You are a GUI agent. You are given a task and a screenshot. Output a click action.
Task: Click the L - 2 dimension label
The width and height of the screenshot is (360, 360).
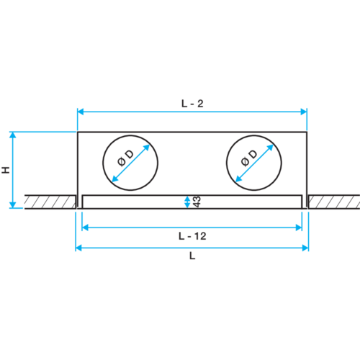192,104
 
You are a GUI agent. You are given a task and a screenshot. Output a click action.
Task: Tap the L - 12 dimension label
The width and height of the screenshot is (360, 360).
192,236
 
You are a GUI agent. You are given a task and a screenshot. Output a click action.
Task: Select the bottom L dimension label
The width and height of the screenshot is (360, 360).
192,256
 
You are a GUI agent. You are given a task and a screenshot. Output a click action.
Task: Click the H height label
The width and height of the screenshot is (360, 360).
6,170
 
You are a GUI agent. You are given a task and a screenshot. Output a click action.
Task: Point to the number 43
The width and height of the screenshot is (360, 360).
197,202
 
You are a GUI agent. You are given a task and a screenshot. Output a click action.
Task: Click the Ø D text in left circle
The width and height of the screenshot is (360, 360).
125,158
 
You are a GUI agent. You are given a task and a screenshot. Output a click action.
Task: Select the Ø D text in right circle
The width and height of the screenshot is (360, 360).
249,158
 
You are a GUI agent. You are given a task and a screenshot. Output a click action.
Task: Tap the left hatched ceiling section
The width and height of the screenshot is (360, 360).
50,202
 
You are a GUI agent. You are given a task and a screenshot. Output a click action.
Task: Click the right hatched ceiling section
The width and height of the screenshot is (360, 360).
334,202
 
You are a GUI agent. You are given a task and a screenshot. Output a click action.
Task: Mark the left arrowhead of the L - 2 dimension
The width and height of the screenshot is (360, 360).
81,112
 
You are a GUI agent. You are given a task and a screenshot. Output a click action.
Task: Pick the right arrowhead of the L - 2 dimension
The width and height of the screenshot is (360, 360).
304,112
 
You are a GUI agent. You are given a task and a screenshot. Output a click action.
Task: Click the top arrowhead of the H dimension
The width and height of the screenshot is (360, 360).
13,135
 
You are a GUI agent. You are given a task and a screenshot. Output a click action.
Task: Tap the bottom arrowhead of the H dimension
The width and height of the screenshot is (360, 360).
13,205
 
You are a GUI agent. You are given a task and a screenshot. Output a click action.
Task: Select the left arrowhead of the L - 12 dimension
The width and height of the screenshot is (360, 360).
85,228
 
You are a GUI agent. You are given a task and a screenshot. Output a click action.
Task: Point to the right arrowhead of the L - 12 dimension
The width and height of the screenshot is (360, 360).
299,228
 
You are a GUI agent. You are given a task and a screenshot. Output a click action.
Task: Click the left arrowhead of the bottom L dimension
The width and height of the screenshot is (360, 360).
78,248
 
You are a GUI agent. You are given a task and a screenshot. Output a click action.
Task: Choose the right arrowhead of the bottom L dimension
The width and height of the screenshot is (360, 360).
305,248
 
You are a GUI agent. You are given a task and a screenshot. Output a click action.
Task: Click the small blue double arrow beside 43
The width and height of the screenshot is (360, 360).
187,202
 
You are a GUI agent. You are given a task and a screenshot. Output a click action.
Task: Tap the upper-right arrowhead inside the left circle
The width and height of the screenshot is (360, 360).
146,148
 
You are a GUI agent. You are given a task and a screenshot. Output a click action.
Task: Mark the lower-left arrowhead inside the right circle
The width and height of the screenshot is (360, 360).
239,179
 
